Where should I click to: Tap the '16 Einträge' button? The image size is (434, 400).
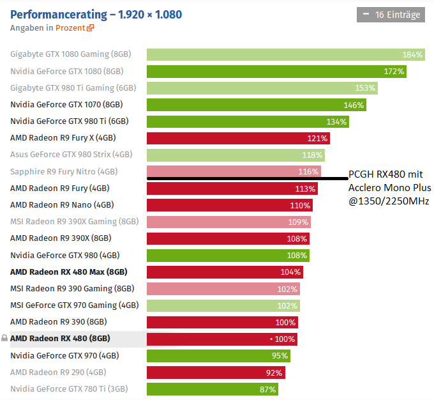391,14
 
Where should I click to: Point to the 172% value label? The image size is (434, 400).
394,72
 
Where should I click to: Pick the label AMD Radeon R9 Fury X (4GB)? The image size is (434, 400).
63,138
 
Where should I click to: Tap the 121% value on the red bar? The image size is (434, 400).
317,138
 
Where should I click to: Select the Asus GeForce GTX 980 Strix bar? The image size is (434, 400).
236,155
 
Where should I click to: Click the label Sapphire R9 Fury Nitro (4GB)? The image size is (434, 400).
64,171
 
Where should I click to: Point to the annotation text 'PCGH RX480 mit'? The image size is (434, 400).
385,174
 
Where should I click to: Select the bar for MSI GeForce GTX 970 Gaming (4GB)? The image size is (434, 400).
223,305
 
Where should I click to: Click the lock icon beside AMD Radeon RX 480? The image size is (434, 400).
4,338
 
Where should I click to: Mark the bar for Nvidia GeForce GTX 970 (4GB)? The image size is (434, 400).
218,355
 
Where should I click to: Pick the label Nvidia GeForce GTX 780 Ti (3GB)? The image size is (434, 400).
69,388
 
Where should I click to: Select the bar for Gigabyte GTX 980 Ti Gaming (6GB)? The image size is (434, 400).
262,88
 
